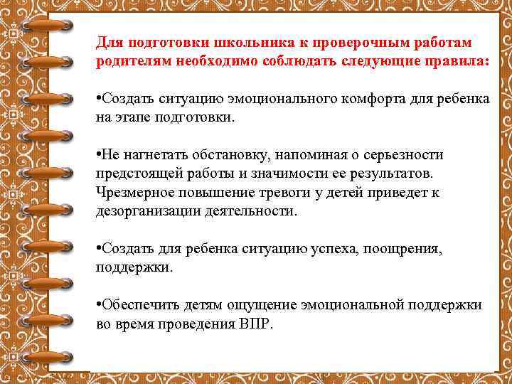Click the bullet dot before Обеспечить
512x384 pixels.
[99, 304]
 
